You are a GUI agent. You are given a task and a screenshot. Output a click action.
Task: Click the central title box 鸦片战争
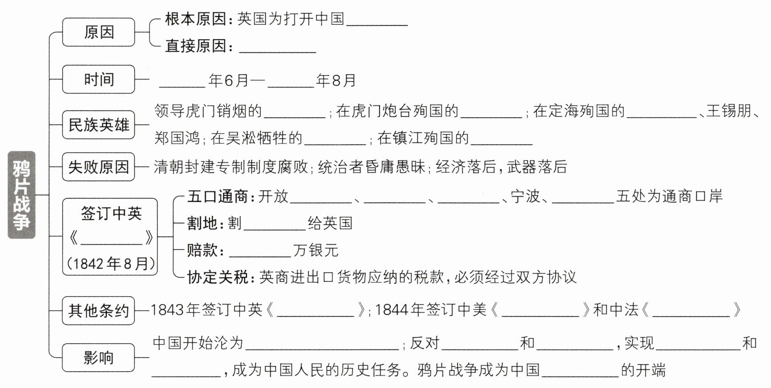tap(21, 195)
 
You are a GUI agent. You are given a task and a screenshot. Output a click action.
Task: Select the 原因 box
tap(98, 32)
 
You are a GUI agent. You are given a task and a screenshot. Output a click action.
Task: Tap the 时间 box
tap(98, 79)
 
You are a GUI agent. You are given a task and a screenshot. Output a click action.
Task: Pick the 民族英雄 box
tap(98, 125)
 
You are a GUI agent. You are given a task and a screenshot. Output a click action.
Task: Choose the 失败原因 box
tap(98, 167)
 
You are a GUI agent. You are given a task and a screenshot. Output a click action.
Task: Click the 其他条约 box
tap(98, 310)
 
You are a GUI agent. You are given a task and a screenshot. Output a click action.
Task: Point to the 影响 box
tap(98, 357)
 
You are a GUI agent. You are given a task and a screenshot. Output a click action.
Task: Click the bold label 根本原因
tap(196, 19)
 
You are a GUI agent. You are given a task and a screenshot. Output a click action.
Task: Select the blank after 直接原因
tap(277, 47)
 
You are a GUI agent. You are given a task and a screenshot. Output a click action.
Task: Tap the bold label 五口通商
tap(217, 196)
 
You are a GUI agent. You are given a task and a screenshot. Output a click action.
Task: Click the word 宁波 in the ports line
tap(525, 196)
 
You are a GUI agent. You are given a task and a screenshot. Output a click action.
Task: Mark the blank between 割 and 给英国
tap(275, 224)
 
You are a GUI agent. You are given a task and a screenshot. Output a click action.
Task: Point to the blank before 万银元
tap(260, 251)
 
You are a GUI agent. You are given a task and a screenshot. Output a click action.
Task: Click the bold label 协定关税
tap(217, 277)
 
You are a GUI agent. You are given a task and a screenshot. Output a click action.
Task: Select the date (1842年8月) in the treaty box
tap(111, 264)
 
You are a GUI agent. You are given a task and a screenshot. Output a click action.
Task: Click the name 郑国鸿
tap(177, 138)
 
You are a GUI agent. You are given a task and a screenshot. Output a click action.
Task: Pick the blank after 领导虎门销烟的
tap(295, 112)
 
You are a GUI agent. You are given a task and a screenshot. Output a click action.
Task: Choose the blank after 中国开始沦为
tap(322, 344)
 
